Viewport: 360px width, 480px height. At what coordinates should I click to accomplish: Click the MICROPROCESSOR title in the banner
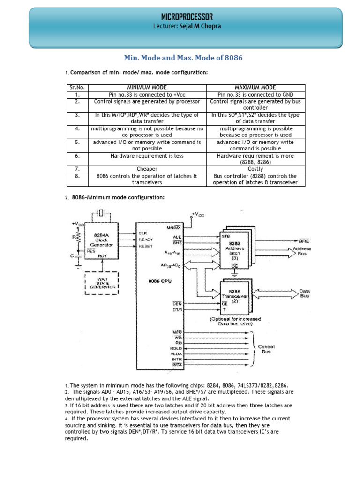pyautogui.click(x=187, y=16)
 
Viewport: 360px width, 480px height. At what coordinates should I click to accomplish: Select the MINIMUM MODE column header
pyautogui.click(x=147, y=88)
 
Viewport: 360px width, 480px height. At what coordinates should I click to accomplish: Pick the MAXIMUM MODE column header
pyautogui.click(x=255, y=88)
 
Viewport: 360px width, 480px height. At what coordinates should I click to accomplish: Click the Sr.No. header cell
pyautogui.click(x=77, y=88)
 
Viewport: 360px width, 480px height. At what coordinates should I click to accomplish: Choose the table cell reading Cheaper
pyautogui.click(x=147, y=169)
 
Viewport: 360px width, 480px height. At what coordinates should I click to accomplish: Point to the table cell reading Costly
pyautogui.click(x=255, y=169)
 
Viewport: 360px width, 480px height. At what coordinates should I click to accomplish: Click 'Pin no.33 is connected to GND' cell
pyautogui.click(x=255, y=95)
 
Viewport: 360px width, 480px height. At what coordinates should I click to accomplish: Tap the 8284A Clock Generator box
pyautogui.click(x=101, y=241)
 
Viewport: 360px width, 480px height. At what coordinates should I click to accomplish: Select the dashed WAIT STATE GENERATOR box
pyautogui.click(x=102, y=283)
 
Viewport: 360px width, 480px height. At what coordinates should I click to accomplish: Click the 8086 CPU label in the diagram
pyautogui.click(x=160, y=281)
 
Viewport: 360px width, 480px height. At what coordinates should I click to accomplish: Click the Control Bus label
pyautogui.click(x=266, y=349)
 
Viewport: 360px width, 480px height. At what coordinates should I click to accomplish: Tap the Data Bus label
pyautogui.click(x=305, y=293)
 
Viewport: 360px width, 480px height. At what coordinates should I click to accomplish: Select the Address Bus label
pyautogui.click(x=302, y=251)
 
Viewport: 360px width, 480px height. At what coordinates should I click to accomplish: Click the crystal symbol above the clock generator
pyautogui.click(x=101, y=213)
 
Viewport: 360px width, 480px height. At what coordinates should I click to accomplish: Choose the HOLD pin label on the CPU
pyautogui.click(x=176, y=348)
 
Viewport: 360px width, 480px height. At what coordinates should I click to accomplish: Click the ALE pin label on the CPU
pyautogui.click(x=177, y=237)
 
